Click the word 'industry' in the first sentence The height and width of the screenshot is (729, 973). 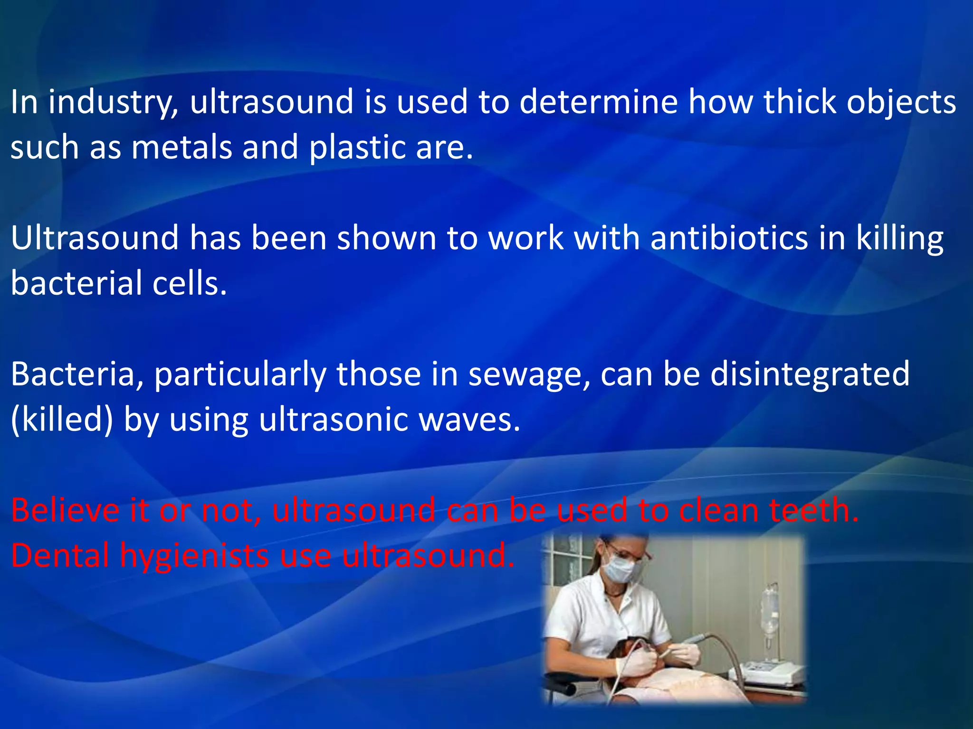point(113,103)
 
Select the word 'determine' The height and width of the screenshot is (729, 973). point(598,103)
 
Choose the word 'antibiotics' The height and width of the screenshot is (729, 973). point(729,238)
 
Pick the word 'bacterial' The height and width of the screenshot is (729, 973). point(76,283)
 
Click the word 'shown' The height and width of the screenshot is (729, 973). point(386,238)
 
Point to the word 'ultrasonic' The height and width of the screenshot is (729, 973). point(334,420)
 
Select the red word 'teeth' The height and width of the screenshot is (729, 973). point(813,511)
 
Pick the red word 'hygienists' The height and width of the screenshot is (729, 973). point(194,556)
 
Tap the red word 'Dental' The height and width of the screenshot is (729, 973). point(60,556)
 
